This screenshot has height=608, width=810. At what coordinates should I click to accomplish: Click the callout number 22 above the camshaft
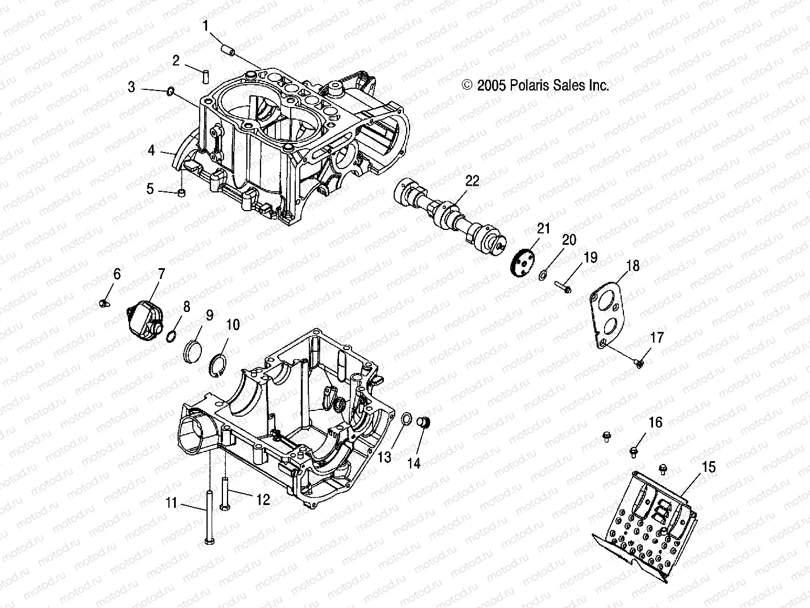pos(472,181)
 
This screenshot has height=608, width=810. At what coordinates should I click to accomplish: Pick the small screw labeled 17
pos(639,363)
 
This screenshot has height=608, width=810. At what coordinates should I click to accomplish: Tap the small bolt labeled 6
pos(105,303)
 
